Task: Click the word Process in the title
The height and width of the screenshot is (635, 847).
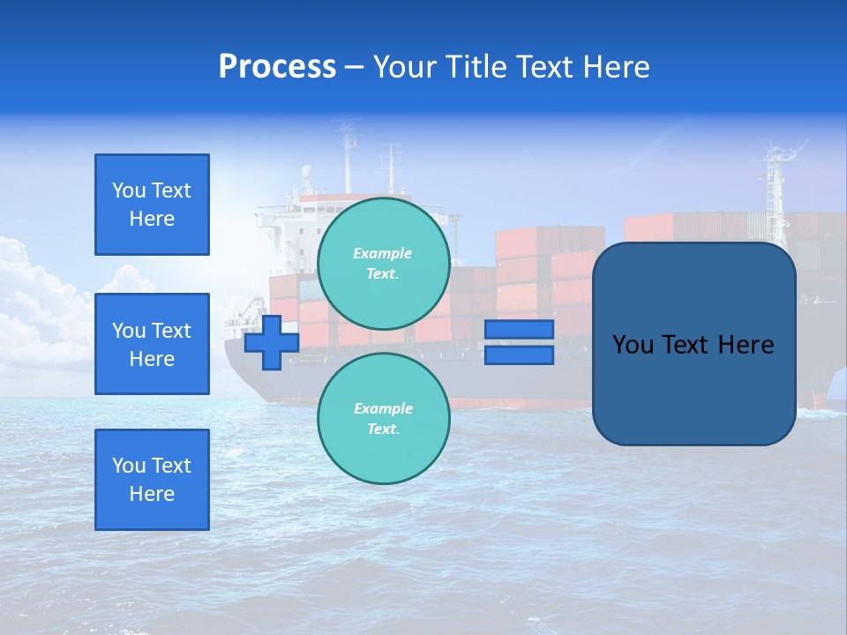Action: pyautogui.click(x=277, y=67)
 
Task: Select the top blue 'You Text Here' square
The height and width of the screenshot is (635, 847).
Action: pyautogui.click(x=152, y=205)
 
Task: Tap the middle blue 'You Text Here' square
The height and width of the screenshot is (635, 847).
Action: pyautogui.click(x=152, y=344)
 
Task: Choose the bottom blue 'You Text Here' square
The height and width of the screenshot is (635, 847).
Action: pyautogui.click(x=152, y=480)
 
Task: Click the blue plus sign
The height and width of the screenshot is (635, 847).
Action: pyautogui.click(x=272, y=342)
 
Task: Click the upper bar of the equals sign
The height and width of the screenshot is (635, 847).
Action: pyautogui.click(x=519, y=330)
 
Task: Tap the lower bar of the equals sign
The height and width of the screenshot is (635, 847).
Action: pyautogui.click(x=519, y=355)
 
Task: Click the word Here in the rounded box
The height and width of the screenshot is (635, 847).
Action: pyautogui.click(x=746, y=345)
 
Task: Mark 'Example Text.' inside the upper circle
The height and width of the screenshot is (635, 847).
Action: pyautogui.click(x=383, y=263)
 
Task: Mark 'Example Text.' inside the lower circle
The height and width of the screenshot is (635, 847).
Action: pyautogui.click(x=383, y=419)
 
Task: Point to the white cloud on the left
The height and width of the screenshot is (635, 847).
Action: pyautogui.click(x=35, y=300)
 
